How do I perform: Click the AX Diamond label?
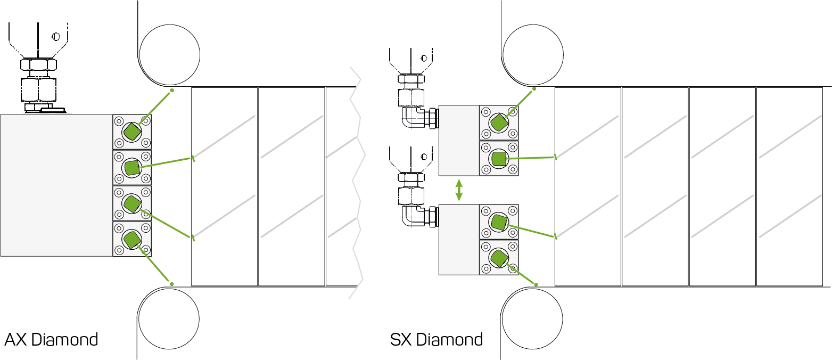tap(51, 340)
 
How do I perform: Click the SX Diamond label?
tap(436, 340)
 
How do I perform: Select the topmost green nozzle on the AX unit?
tap(131, 130)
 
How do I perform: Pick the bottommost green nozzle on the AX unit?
tap(131, 238)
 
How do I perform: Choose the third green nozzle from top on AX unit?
tap(131, 203)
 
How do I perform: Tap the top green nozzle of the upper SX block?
tap(499, 123)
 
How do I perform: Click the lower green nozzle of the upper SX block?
tap(499, 158)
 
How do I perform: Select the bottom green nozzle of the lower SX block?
tap(499, 259)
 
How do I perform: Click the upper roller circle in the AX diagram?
tap(169, 54)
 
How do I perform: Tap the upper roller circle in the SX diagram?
tap(532, 54)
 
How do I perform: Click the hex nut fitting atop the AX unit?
tap(38, 66)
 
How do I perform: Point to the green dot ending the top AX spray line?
tap(171, 91)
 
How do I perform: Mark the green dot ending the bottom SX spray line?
tap(536, 284)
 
